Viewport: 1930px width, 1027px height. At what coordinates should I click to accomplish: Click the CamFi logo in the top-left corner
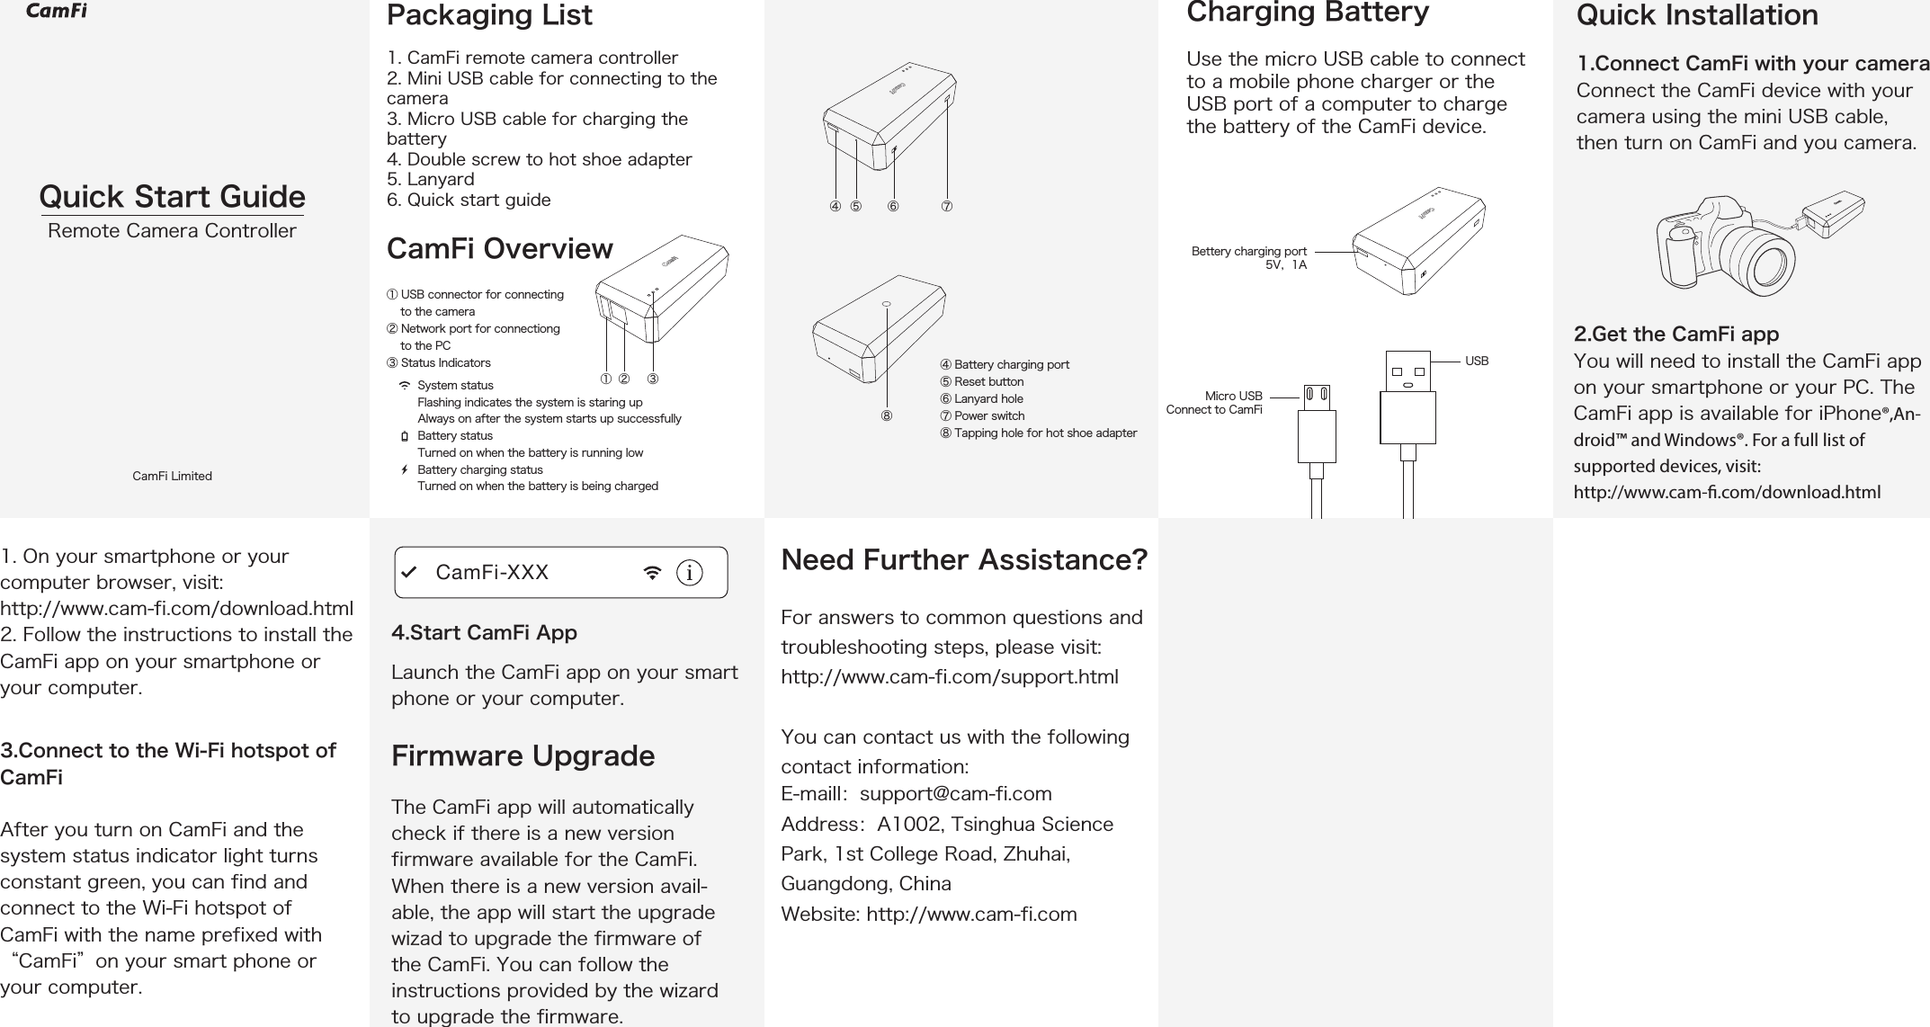56,12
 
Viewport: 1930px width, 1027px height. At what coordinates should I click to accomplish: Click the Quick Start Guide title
172,196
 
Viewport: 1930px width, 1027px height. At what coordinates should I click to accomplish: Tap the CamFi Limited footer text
172,476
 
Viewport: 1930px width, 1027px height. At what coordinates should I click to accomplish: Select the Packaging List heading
489,15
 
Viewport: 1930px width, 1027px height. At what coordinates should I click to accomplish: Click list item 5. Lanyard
431,179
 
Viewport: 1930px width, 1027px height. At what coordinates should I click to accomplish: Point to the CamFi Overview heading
499,249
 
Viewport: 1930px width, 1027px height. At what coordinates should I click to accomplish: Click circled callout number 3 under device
654,379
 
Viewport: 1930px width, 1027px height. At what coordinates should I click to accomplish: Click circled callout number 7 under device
947,207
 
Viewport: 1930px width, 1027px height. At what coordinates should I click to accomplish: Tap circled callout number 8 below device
887,416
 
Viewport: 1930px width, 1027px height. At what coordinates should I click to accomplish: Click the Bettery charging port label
1248,251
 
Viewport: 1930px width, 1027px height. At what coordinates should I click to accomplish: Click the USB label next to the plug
1477,361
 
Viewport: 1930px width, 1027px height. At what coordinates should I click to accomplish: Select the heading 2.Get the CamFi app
1675,335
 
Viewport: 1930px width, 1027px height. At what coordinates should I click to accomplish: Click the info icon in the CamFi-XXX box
690,573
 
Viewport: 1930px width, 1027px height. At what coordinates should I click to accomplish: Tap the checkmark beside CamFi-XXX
409,573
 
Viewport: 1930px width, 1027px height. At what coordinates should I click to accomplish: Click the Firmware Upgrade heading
523,755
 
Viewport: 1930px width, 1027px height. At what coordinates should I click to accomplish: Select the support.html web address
950,676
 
